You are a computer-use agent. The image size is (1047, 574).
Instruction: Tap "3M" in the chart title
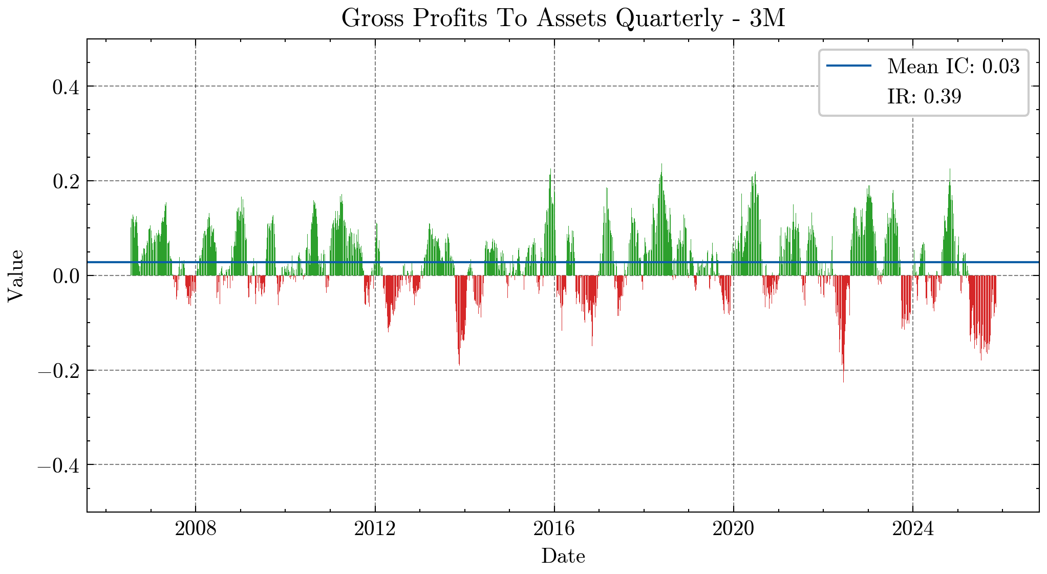point(767,18)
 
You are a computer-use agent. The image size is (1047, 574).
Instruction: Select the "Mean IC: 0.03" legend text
point(953,66)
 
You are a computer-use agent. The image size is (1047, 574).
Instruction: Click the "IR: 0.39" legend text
point(924,96)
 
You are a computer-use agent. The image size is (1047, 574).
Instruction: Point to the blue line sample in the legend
point(848,66)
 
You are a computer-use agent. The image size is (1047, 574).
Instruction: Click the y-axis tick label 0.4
point(66,87)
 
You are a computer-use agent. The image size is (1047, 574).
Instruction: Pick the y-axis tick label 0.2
point(66,181)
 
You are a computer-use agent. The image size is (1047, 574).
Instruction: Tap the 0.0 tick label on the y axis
point(66,276)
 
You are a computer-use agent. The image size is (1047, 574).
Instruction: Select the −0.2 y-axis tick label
point(58,371)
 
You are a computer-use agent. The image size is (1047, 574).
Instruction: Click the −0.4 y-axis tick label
point(58,465)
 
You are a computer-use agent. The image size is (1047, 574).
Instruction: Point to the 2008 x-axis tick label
point(196,529)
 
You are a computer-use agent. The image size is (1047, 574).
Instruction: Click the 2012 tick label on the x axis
point(375,529)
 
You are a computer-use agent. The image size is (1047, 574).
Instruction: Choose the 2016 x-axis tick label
point(554,529)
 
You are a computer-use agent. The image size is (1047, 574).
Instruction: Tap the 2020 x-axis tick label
point(734,529)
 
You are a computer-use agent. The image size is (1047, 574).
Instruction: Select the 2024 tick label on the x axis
point(913,529)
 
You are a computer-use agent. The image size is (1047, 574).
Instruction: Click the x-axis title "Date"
point(563,556)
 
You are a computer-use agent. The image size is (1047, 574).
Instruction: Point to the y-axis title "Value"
point(15,275)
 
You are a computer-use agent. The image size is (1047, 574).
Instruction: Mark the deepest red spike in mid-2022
point(843,380)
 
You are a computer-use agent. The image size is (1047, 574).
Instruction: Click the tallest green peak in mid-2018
point(661,165)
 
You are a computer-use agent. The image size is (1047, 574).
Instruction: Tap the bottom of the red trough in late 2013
point(459,363)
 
